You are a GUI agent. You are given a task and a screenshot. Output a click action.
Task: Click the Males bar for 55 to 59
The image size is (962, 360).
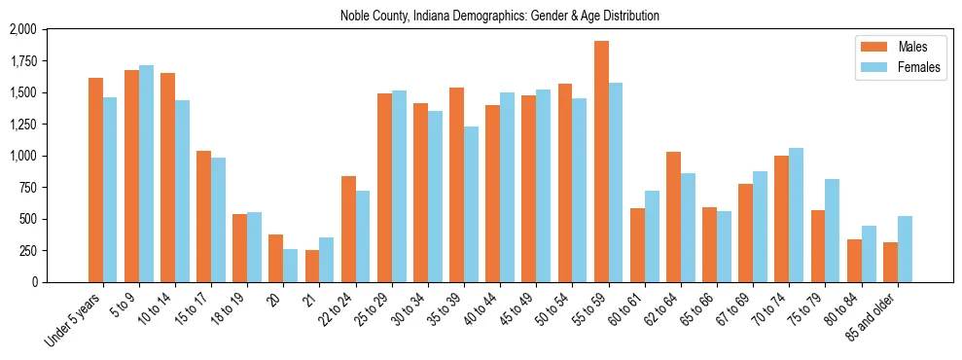pyautogui.click(x=601, y=162)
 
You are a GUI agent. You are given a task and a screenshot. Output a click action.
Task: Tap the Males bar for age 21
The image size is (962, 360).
pyautogui.click(x=312, y=266)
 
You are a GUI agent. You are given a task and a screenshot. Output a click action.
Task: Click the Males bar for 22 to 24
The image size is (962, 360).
pyautogui.click(x=348, y=229)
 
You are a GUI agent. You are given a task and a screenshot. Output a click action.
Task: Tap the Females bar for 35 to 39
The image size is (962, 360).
pyautogui.click(x=471, y=204)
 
